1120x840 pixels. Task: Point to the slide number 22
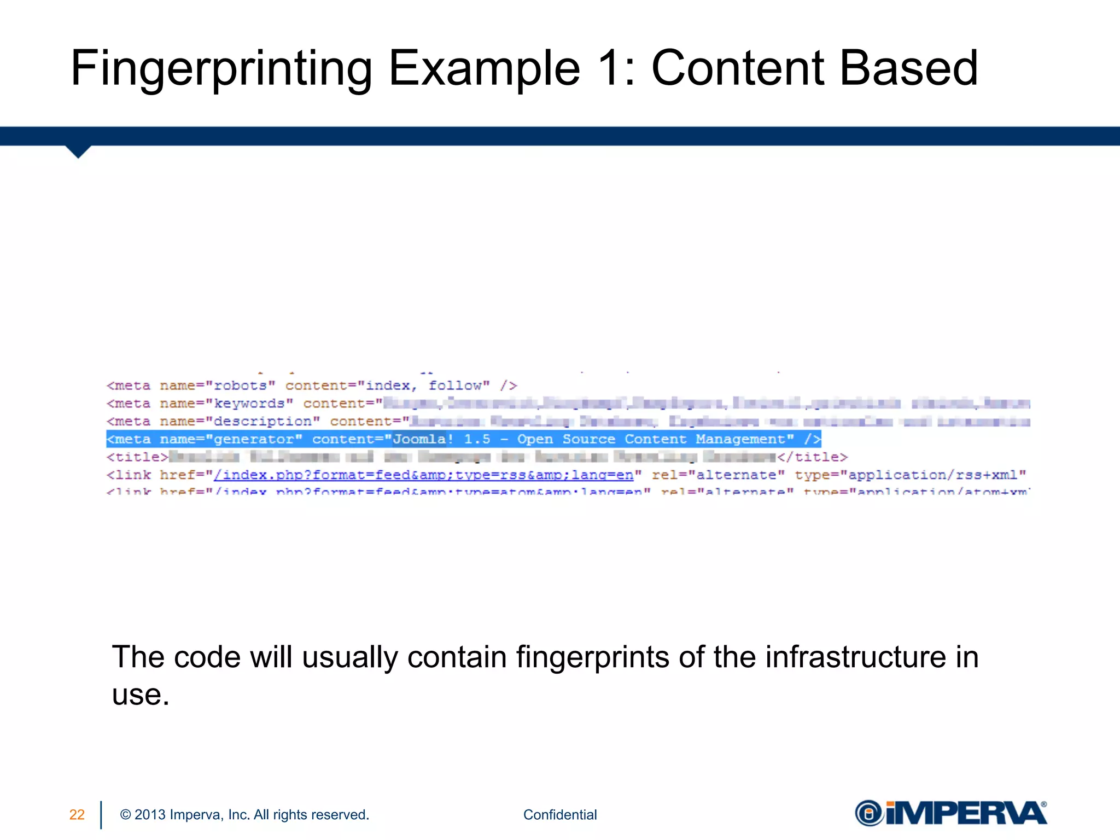click(77, 815)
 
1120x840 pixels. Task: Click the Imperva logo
click(950, 813)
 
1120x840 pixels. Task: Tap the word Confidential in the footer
click(560, 815)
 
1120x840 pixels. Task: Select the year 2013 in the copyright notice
click(150, 815)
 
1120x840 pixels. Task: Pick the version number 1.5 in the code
click(477, 439)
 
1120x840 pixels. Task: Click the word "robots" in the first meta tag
click(241, 386)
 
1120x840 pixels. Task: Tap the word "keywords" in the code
click(249, 404)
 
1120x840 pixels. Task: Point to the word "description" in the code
click(262, 422)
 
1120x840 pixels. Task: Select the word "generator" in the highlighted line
click(254, 439)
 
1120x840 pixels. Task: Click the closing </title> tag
click(812, 457)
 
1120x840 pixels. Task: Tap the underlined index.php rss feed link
click(423, 475)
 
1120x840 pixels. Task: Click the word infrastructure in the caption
click(855, 657)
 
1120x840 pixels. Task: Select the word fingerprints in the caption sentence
click(592, 657)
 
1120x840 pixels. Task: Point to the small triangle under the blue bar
click(78, 151)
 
